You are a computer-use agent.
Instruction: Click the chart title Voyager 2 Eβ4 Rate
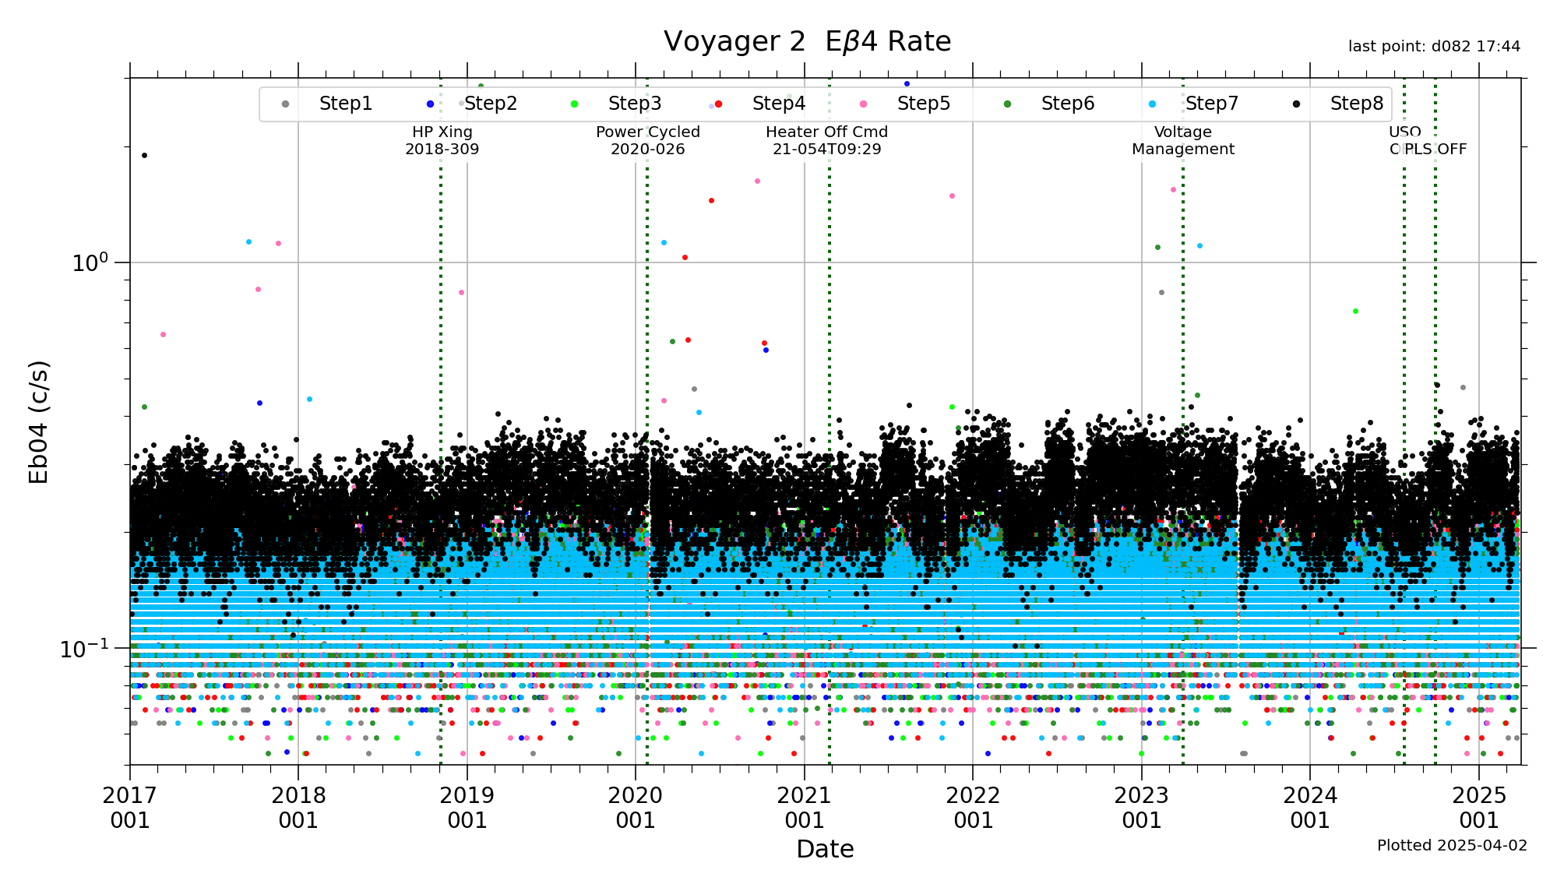pos(807,41)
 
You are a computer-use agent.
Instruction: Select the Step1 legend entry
pos(345,104)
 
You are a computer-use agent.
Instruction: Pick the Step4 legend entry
pos(778,104)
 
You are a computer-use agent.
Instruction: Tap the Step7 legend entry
pos(1211,104)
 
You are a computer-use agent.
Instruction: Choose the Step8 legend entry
pos(1356,104)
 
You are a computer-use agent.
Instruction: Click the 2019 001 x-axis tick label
pos(467,807)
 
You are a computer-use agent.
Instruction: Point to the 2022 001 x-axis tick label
pos(973,807)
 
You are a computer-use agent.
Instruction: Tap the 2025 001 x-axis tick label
pos(1478,807)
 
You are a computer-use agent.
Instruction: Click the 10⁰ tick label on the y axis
pos(90,262)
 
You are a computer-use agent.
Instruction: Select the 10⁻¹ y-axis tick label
pos(84,648)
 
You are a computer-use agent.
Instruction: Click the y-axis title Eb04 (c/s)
pos(39,421)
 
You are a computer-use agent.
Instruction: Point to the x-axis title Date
pos(825,849)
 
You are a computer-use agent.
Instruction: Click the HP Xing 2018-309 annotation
pos(442,141)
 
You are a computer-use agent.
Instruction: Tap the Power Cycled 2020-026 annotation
pos(647,141)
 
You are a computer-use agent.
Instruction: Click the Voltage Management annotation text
pos(1182,141)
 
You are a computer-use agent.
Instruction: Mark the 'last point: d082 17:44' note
pos(1434,47)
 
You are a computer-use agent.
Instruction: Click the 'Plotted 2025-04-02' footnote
pos(1452,846)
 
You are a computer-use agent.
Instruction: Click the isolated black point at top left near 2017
pos(144,155)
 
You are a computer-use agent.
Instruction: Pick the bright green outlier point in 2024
pos(1355,311)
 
